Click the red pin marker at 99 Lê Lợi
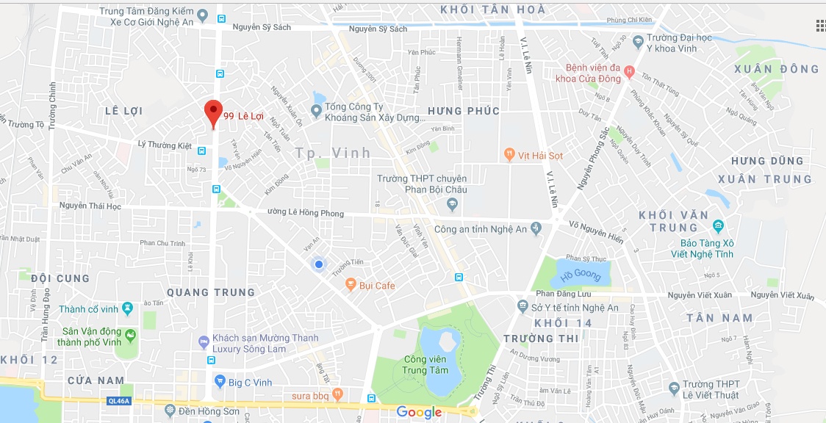point(213,112)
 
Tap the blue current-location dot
point(318,264)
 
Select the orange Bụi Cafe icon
point(351,285)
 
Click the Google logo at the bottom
point(419,412)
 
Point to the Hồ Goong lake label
point(581,276)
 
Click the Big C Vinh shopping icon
point(219,380)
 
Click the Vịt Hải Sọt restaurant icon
point(509,155)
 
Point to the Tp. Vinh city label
point(333,153)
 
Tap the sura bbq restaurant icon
point(337,394)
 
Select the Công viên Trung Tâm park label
point(425,364)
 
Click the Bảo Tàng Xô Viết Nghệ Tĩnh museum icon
point(717,225)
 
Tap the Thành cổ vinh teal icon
point(128,308)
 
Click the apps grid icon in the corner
point(820,26)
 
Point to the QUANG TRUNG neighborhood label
point(211,292)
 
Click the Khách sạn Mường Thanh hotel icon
point(204,342)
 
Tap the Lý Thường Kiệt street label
point(165,145)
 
